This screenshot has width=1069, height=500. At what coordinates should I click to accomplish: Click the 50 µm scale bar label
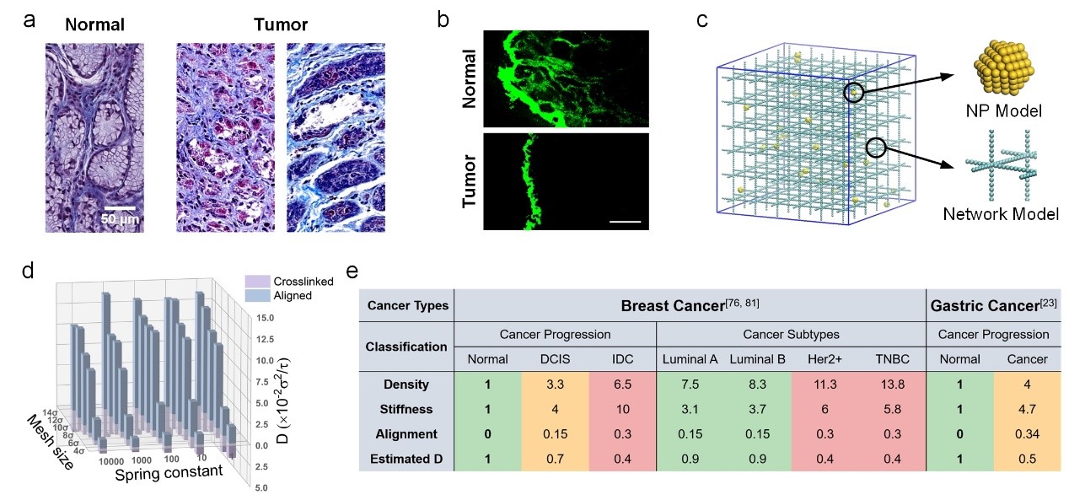[x=121, y=220]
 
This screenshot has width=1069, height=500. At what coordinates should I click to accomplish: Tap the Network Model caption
[x=1001, y=214]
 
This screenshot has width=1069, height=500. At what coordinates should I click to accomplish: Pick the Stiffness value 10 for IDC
[x=624, y=410]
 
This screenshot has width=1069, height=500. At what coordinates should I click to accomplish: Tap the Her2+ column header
[x=825, y=358]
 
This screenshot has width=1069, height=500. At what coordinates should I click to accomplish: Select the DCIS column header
[x=556, y=358]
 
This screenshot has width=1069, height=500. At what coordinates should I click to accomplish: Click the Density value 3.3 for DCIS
[x=556, y=384]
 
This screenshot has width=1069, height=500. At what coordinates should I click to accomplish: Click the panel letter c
[x=702, y=19]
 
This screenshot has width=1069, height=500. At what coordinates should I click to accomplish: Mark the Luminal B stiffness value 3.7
[x=757, y=410]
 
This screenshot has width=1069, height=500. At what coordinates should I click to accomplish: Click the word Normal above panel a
[x=94, y=24]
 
